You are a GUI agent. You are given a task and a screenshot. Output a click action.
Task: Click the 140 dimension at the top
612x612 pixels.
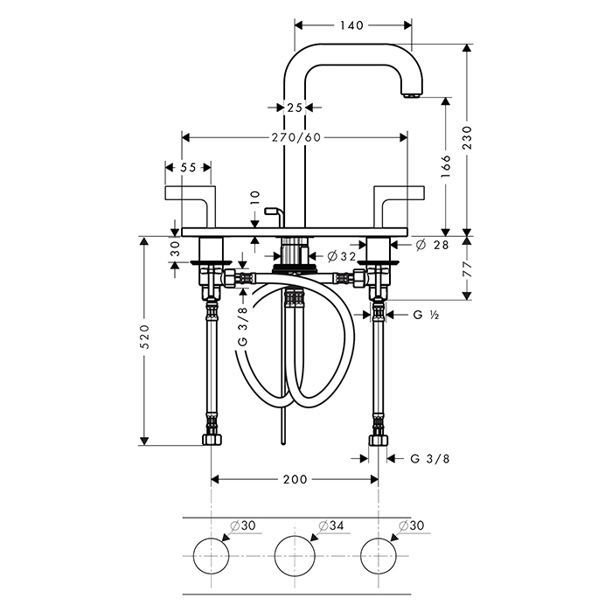[351, 25]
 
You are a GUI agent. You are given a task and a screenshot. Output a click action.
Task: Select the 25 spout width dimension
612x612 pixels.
[295, 107]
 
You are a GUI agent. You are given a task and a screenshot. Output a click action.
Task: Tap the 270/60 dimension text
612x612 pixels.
[296, 137]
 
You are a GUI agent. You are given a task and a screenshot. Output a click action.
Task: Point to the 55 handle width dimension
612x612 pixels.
[188, 168]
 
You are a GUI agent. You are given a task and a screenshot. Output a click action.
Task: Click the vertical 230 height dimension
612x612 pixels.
[467, 137]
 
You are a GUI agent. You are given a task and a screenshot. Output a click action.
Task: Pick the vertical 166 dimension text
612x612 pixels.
[446, 166]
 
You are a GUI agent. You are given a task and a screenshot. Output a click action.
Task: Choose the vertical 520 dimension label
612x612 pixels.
[144, 337]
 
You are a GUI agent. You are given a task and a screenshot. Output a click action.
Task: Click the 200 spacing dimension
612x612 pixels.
[296, 479]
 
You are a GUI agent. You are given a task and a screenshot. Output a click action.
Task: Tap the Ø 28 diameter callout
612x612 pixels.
[432, 245]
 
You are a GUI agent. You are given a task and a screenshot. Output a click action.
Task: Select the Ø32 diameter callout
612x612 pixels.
[342, 256]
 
